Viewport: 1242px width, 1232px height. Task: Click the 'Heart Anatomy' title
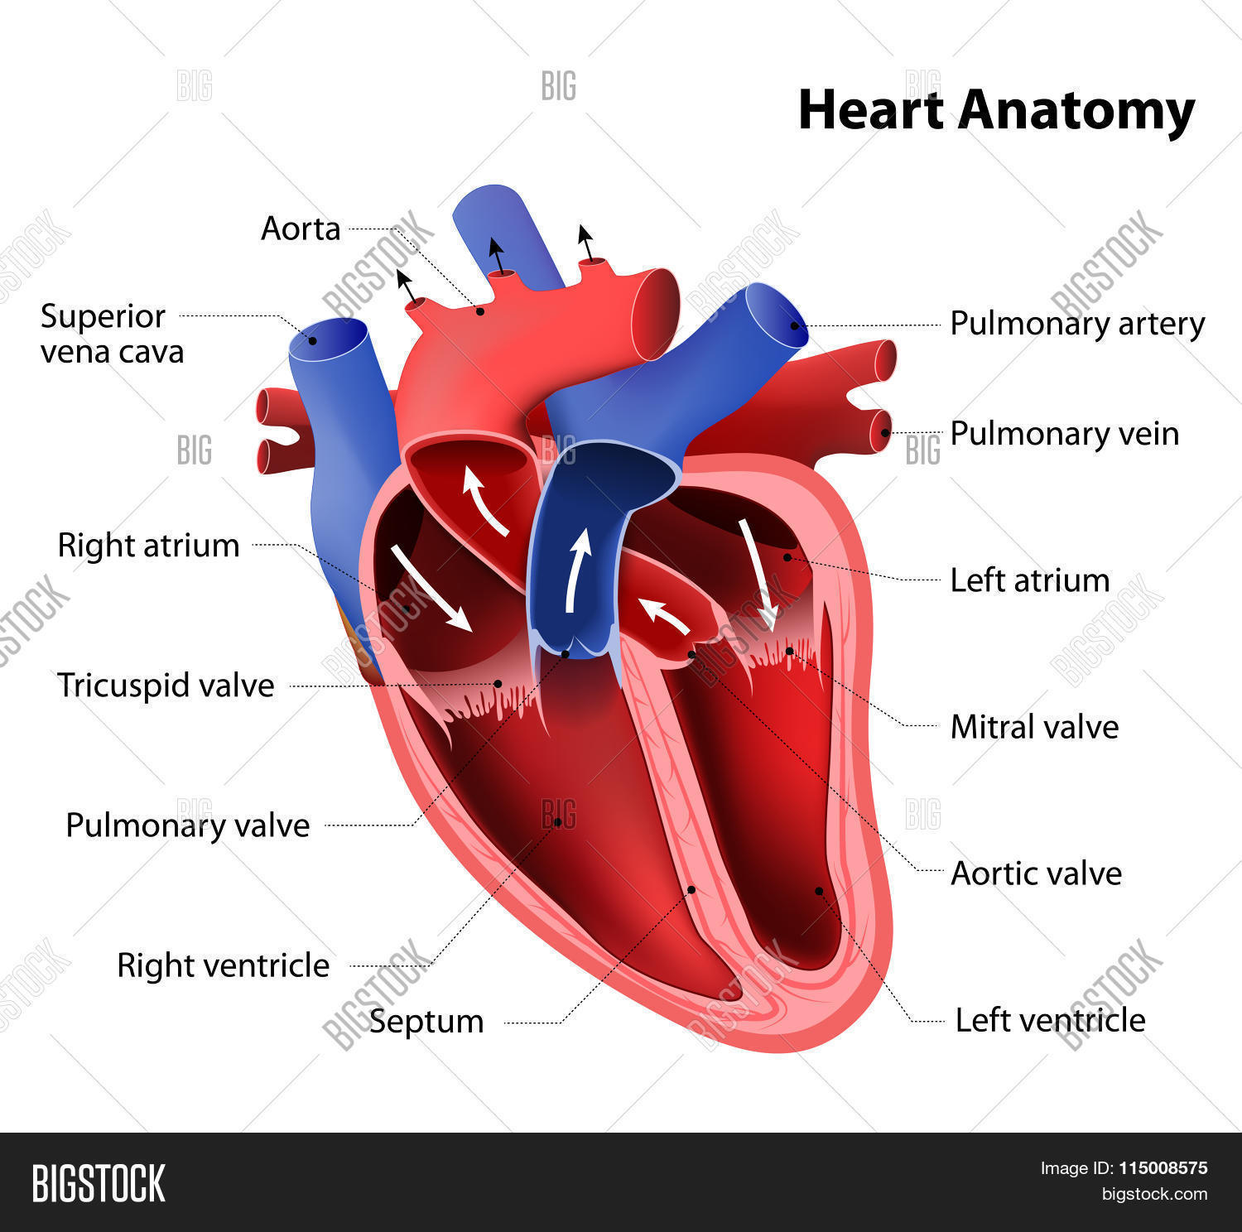996,111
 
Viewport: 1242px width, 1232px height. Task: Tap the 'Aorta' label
301,229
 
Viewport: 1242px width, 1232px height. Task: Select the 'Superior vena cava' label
112,334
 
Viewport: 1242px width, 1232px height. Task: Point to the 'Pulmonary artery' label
1077,324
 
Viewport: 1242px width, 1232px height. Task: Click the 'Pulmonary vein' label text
1065,434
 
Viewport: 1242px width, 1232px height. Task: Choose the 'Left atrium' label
1030,580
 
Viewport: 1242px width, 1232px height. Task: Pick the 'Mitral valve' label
1034,727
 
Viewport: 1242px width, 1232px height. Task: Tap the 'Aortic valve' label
1036,873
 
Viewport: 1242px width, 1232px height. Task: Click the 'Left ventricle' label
1050,1020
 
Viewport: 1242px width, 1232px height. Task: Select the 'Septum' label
426,1023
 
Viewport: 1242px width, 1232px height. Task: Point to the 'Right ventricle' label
223,965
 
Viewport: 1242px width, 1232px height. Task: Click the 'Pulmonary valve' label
187,825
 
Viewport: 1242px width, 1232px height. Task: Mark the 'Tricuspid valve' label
166,686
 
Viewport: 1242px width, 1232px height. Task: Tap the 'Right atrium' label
148,546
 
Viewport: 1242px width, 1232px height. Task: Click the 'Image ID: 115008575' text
1124,1168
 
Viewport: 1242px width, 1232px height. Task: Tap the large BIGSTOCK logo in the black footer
99,1183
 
